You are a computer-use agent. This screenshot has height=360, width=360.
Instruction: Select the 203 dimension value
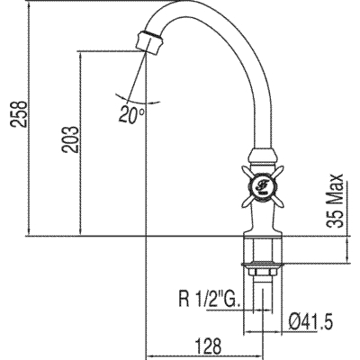click(x=70, y=139)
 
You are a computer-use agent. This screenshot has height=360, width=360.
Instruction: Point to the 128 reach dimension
click(x=208, y=346)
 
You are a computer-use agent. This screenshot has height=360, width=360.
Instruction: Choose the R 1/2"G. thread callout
click(x=210, y=299)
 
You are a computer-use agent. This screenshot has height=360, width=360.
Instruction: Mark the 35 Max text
click(x=335, y=201)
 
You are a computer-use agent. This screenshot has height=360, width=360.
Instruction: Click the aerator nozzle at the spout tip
click(x=149, y=42)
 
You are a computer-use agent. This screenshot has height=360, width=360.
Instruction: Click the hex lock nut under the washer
click(x=263, y=272)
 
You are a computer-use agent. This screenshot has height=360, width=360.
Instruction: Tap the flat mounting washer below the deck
click(x=263, y=264)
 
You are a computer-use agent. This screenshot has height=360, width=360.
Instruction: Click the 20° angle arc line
click(x=137, y=100)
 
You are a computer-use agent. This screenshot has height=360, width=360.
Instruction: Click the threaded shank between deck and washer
click(x=263, y=249)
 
